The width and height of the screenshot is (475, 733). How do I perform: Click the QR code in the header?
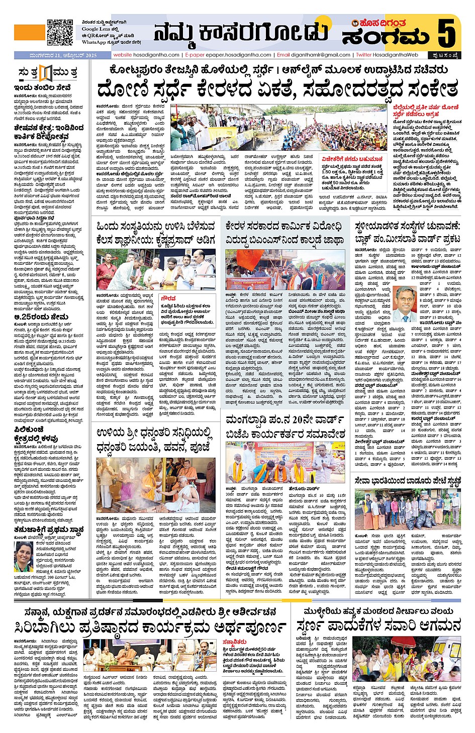(x=60, y=32)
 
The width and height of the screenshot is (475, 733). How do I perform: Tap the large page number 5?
(x=446, y=33)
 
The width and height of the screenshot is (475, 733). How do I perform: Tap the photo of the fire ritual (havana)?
(x=155, y=485)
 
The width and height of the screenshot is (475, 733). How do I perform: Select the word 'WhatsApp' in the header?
(x=94, y=42)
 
